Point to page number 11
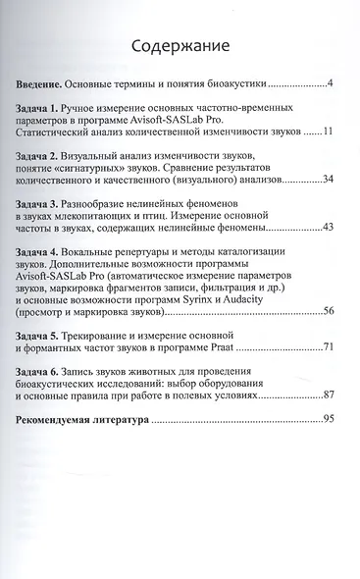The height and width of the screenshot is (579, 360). pyautogui.click(x=329, y=130)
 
